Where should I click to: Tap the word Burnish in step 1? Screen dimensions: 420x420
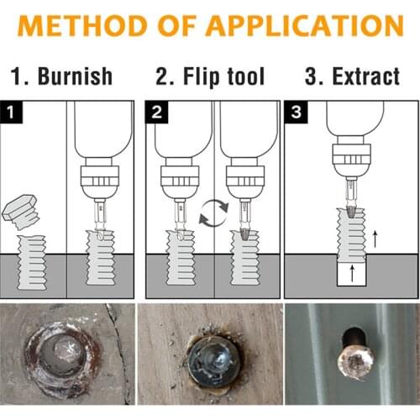click(x=73, y=76)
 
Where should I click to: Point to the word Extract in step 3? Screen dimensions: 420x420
click(x=362, y=76)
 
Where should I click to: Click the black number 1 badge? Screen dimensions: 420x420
click(x=11, y=111)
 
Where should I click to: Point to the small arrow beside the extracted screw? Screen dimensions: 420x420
click(x=375, y=238)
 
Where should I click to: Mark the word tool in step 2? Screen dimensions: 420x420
click(x=246, y=76)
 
